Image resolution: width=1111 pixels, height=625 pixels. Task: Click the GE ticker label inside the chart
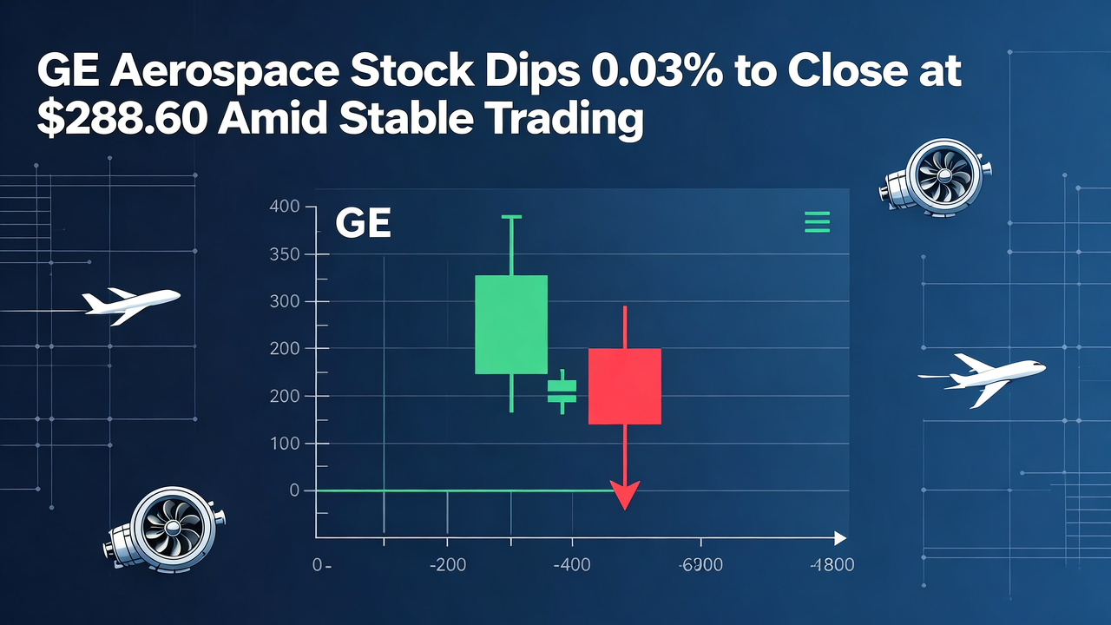(363, 224)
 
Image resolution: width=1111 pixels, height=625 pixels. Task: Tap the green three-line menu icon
(818, 222)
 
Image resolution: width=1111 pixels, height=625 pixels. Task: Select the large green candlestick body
(511, 324)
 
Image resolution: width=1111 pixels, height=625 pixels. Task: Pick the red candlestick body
(625, 385)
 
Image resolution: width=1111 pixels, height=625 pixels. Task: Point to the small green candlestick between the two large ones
(562, 391)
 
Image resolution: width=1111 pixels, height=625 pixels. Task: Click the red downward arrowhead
(625, 497)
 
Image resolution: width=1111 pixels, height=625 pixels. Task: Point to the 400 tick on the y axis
(285, 207)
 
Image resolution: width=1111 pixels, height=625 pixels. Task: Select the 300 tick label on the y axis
(285, 301)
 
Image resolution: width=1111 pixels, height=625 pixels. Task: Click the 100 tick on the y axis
(285, 444)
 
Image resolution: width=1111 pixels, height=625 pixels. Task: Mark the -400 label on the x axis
(572, 565)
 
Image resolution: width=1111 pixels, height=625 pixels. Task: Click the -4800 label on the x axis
(831, 565)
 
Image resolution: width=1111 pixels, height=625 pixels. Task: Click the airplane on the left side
(130, 302)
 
